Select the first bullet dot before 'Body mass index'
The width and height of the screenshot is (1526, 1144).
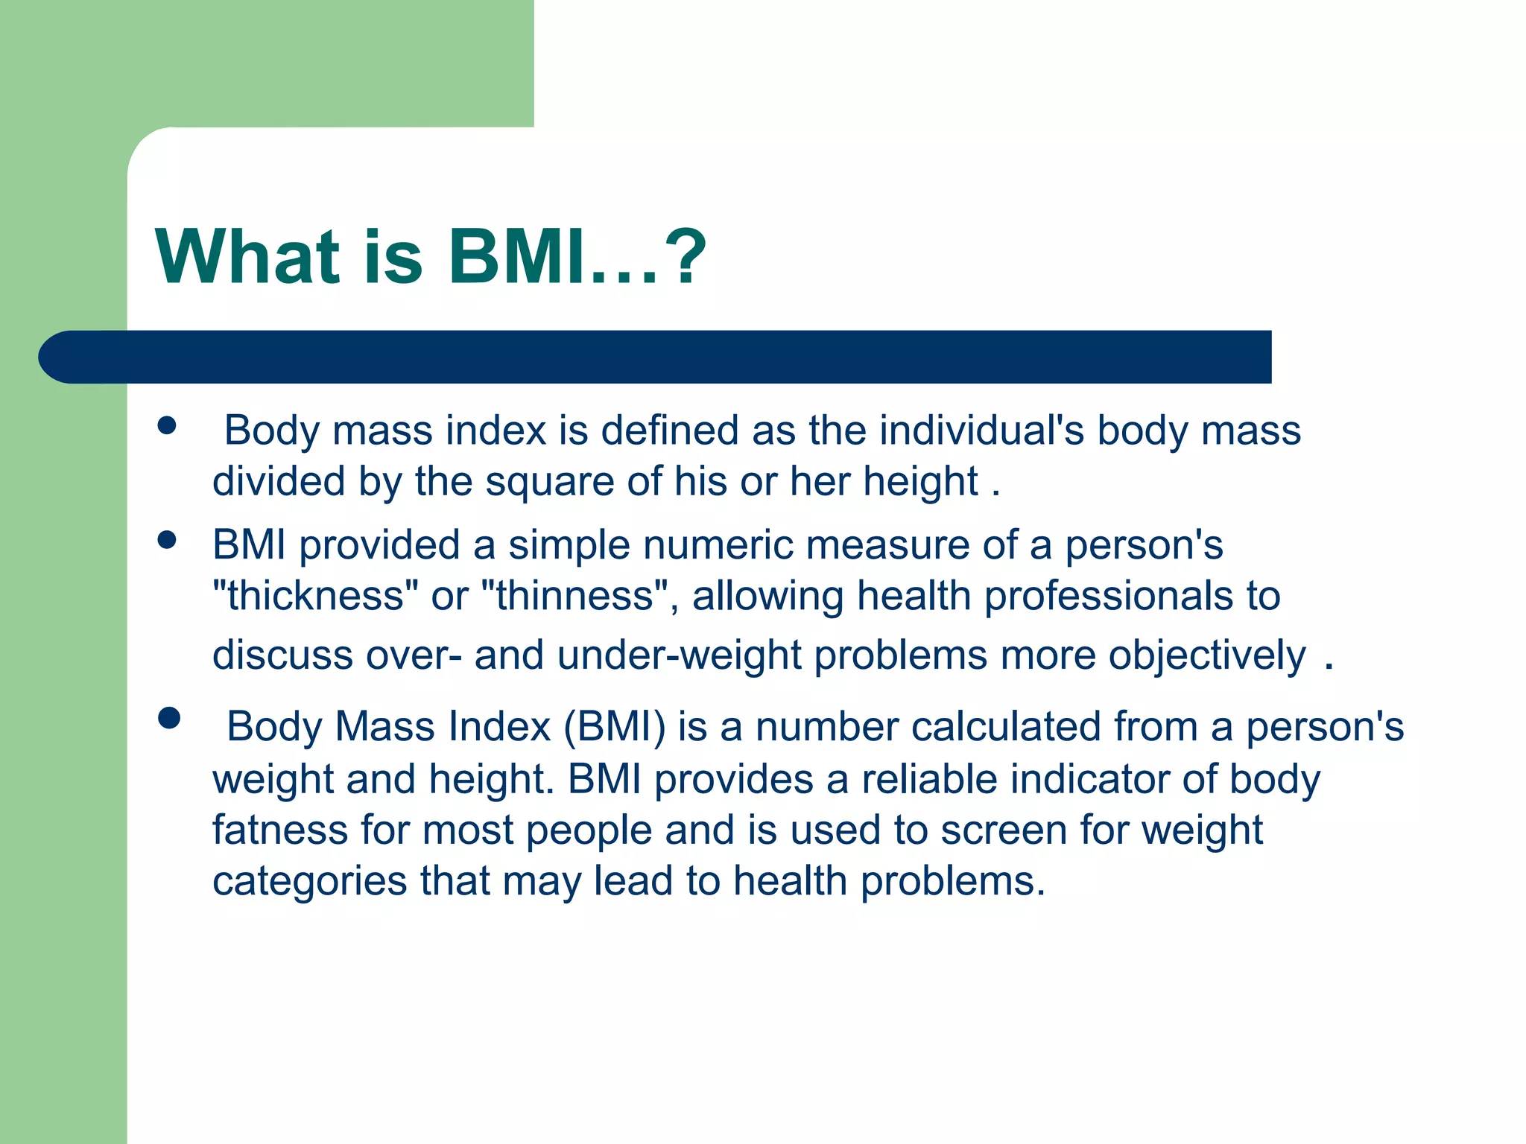(x=167, y=425)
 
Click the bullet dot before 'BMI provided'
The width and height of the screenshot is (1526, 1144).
(x=167, y=539)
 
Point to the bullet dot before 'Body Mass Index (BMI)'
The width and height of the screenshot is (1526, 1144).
(x=169, y=718)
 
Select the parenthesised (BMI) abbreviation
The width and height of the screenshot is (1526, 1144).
(x=614, y=726)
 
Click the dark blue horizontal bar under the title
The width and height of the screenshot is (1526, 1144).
(x=656, y=357)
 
